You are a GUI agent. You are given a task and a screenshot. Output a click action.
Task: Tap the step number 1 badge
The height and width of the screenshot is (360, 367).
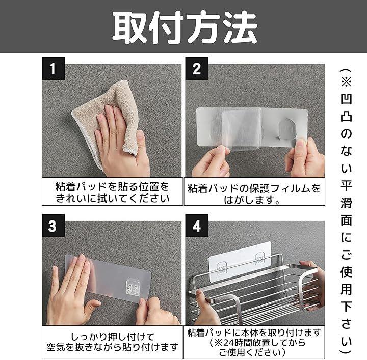pyautogui.click(x=54, y=68)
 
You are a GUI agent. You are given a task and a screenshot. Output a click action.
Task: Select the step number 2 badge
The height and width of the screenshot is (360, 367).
pyautogui.click(x=197, y=68)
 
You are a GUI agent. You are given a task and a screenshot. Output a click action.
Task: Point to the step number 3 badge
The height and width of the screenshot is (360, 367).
pyautogui.click(x=54, y=226)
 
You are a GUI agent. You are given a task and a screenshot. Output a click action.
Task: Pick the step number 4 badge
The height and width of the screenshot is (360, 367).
pyautogui.click(x=197, y=226)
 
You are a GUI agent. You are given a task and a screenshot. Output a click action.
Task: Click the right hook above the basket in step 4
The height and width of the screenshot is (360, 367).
pyautogui.click(x=259, y=258)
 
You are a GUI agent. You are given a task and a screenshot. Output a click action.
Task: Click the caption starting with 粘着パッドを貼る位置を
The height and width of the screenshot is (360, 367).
pyautogui.click(x=112, y=192)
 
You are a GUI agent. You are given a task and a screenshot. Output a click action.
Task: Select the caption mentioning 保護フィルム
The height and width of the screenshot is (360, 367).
pyautogui.click(x=254, y=193)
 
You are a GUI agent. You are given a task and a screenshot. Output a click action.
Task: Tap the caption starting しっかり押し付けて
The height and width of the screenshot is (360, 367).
pyautogui.click(x=112, y=342)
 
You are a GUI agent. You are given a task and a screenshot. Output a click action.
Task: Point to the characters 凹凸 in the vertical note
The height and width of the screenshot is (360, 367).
pyautogui.click(x=346, y=107)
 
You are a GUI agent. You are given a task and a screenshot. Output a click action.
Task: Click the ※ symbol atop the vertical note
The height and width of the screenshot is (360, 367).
pyautogui.click(x=346, y=82)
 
